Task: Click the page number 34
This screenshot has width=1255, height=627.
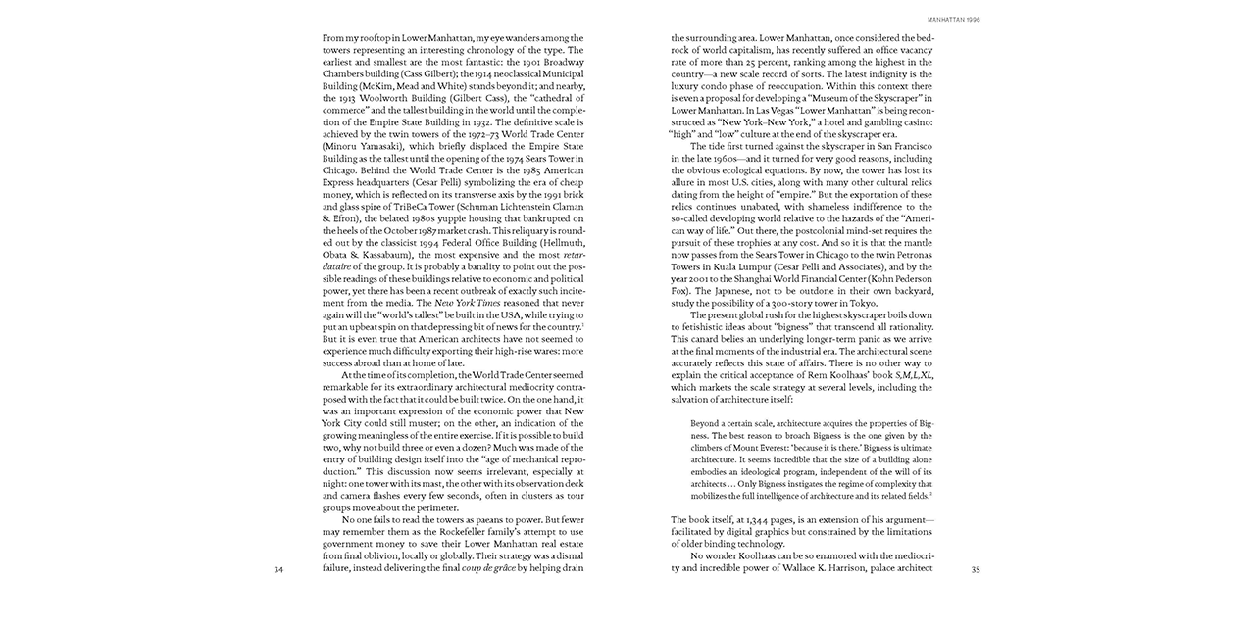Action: coord(278,568)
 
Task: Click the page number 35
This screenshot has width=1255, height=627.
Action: coord(975,568)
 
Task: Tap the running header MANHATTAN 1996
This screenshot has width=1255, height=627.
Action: coord(953,17)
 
